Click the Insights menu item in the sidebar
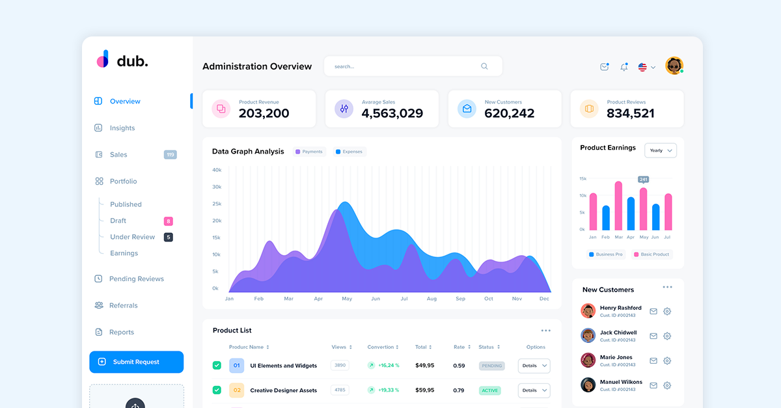tap(122, 128)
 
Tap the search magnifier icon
tap(484, 66)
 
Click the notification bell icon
tap(624, 67)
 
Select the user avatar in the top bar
tap(674, 66)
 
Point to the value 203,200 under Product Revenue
tap(264, 113)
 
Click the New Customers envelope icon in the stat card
tap(467, 109)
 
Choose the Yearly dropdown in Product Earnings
tap(661, 150)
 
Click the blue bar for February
tap(606, 218)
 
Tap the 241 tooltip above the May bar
tap(644, 179)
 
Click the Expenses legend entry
tap(349, 152)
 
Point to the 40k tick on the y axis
tap(217, 170)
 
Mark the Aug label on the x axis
tap(432, 299)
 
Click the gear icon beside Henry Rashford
tap(667, 312)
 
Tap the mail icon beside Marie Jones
tap(653, 361)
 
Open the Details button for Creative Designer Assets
tap(534, 390)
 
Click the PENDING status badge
tap(492, 366)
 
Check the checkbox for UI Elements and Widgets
tap(217, 366)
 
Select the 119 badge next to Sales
tap(170, 155)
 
